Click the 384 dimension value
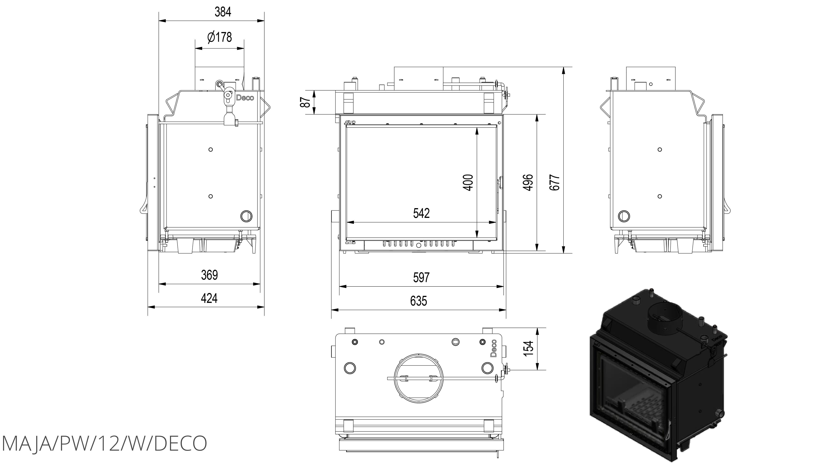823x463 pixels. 223,12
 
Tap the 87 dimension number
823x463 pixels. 306,102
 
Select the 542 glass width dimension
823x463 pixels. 421,213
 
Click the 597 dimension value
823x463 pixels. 421,277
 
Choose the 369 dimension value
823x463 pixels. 210,275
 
